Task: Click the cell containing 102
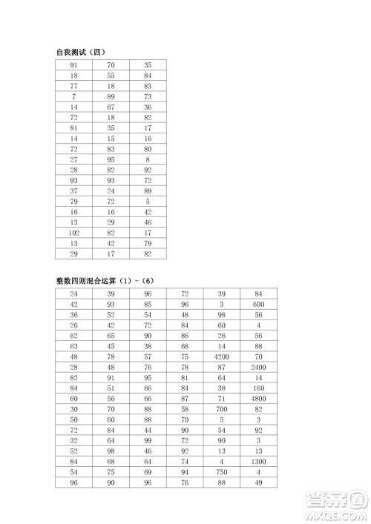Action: pyautogui.click(x=73, y=232)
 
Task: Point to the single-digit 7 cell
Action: pyautogui.click(x=73, y=96)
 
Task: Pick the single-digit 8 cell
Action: pyautogui.click(x=148, y=159)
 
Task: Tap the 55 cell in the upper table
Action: pyautogui.click(x=111, y=76)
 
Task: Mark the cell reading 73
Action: pyautogui.click(x=148, y=96)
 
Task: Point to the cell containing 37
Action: pyautogui.click(x=73, y=190)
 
